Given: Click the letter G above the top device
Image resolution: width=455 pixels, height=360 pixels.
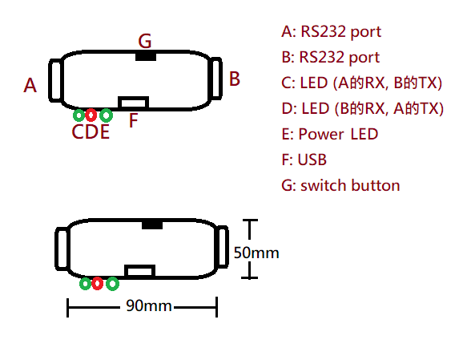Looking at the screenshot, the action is (x=145, y=41).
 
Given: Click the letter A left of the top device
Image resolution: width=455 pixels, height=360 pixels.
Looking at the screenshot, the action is (x=30, y=86).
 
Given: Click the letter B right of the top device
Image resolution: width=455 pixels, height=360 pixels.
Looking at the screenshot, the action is (x=235, y=79).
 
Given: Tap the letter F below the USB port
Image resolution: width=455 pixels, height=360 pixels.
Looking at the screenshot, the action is (x=133, y=120).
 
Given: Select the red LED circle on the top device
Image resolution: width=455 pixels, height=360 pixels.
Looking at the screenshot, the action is (x=91, y=115).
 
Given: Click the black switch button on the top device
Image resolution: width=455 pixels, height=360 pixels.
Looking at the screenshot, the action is (x=146, y=56).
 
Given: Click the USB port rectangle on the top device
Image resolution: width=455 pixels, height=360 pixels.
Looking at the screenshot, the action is (x=134, y=103).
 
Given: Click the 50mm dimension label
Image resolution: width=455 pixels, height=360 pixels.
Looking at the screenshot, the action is (x=256, y=253).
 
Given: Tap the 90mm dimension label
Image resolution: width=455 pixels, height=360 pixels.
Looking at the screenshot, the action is (x=149, y=306).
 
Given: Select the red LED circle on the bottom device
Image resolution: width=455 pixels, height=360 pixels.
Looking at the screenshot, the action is (x=97, y=283).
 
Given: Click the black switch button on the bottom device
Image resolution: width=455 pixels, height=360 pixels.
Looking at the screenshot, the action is (x=152, y=224).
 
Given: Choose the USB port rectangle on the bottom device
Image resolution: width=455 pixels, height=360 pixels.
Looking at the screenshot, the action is (x=140, y=271).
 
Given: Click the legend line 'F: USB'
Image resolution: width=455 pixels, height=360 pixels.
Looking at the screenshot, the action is (x=304, y=160).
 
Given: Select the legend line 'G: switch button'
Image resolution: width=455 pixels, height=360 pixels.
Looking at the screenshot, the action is (x=340, y=185).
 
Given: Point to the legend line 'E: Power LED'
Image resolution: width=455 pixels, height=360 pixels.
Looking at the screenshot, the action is (x=330, y=134).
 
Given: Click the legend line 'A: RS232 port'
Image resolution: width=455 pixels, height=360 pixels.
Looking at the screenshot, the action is (x=331, y=32).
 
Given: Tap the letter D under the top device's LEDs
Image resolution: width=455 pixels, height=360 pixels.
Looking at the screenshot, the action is (x=91, y=132).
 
